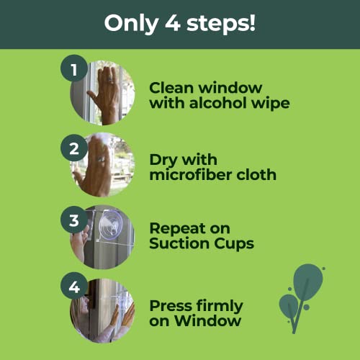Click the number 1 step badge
click(x=74, y=68)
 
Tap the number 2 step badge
click(x=74, y=148)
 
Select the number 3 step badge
click(x=74, y=220)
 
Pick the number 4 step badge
click(x=74, y=286)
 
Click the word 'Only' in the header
click(x=131, y=24)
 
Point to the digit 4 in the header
click(x=173, y=23)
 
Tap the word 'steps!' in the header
click(x=221, y=24)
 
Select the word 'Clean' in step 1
click(x=171, y=88)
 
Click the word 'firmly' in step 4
click(x=220, y=307)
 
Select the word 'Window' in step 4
click(x=207, y=320)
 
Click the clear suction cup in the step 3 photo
click(x=111, y=225)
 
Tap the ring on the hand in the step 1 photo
click(x=110, y=79)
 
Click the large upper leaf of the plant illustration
click(x=308, y=282)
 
